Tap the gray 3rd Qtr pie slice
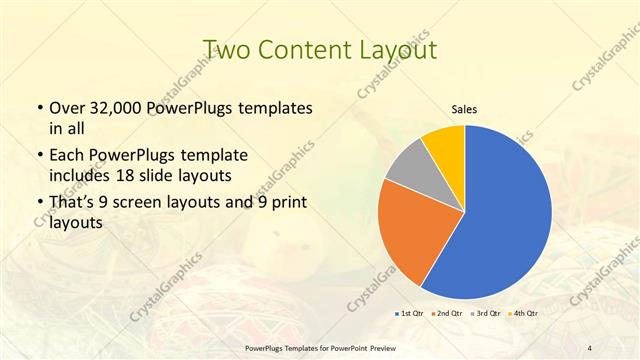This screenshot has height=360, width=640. [x=405, y=167]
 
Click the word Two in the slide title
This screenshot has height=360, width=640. [x=226, y=49]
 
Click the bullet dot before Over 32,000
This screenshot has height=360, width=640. [x=37, y=108]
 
